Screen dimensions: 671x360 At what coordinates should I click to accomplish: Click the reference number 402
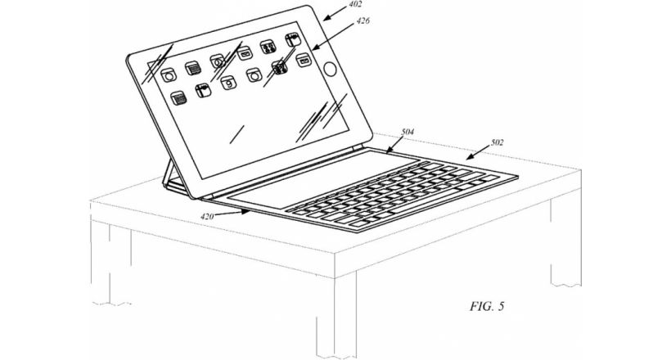[x=356, y=4]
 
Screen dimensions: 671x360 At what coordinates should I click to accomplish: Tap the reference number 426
[x=363, y=20]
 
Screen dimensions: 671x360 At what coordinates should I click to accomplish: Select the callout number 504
[x=408, y=132]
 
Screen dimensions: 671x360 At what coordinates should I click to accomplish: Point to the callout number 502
[x=497, y=142]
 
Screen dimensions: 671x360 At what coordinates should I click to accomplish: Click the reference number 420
[x=207, y=216]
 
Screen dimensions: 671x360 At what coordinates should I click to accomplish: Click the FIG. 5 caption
[x=488, y=306]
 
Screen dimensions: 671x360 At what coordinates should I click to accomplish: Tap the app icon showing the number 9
[x=229, y=83]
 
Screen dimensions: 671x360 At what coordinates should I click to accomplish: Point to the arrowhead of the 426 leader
[x=313, y=48]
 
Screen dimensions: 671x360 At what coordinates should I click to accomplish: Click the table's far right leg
[x=565, y=240]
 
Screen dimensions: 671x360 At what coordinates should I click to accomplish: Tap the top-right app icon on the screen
[x=293, y=40]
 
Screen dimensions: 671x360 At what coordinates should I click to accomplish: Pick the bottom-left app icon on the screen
[x=179, y=98]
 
